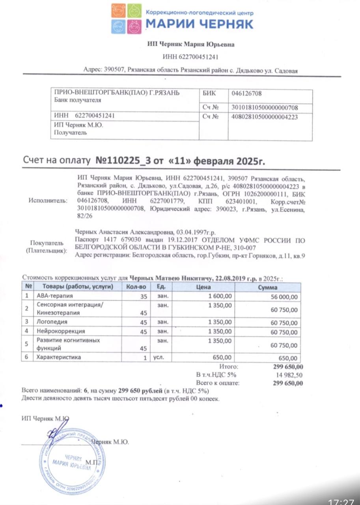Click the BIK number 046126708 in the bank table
coord(246,94)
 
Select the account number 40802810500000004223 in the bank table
coord(264,117)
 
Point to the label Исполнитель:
coord(48,200)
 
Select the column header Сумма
coord(268,287)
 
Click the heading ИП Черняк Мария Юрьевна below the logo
coord(191,44)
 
